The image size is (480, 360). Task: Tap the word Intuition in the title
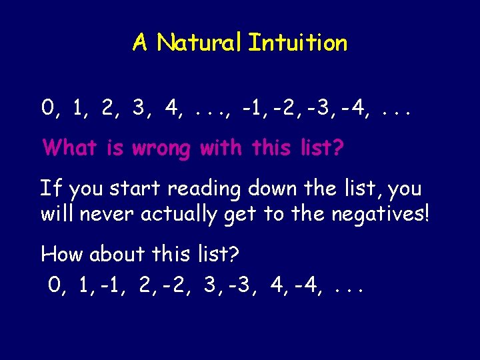[297, 43]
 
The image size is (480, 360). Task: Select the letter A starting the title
[140, 43]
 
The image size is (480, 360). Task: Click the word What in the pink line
[71, 147]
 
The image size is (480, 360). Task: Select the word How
[62, 254]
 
